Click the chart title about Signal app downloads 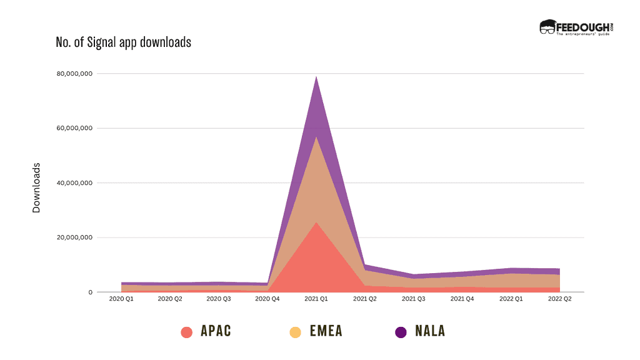[x=123, y=42]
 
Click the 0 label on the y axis [x=90, y=292]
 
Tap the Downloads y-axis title [x=36, y=188]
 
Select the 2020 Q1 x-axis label [x=121, y=300]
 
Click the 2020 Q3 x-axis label [x=219, y=300]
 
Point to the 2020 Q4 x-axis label [x=267, y=300]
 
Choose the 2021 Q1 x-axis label [x=316, y=300]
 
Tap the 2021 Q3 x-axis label [x=414, y=300]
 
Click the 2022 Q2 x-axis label [x=559, y=300]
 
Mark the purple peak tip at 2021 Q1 [x=316, y=77]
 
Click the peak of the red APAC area [x=316, y=222]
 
